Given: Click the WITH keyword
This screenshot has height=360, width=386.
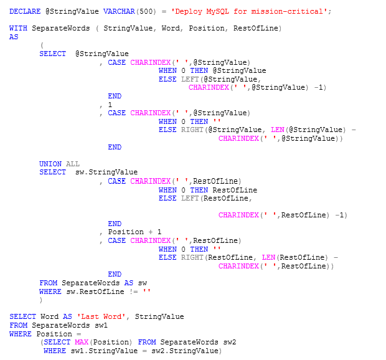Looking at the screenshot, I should [17, 29].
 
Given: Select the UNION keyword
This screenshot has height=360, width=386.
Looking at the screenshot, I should [50, 164].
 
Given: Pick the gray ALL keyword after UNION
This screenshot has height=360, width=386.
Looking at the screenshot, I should [72, 164].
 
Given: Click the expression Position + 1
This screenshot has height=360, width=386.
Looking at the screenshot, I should [135, 232].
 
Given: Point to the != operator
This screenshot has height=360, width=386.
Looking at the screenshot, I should [134, 291].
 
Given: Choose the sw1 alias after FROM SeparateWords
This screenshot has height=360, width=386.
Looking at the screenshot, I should [101, 326].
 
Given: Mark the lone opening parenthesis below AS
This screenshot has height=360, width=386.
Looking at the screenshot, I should [41, 45].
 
